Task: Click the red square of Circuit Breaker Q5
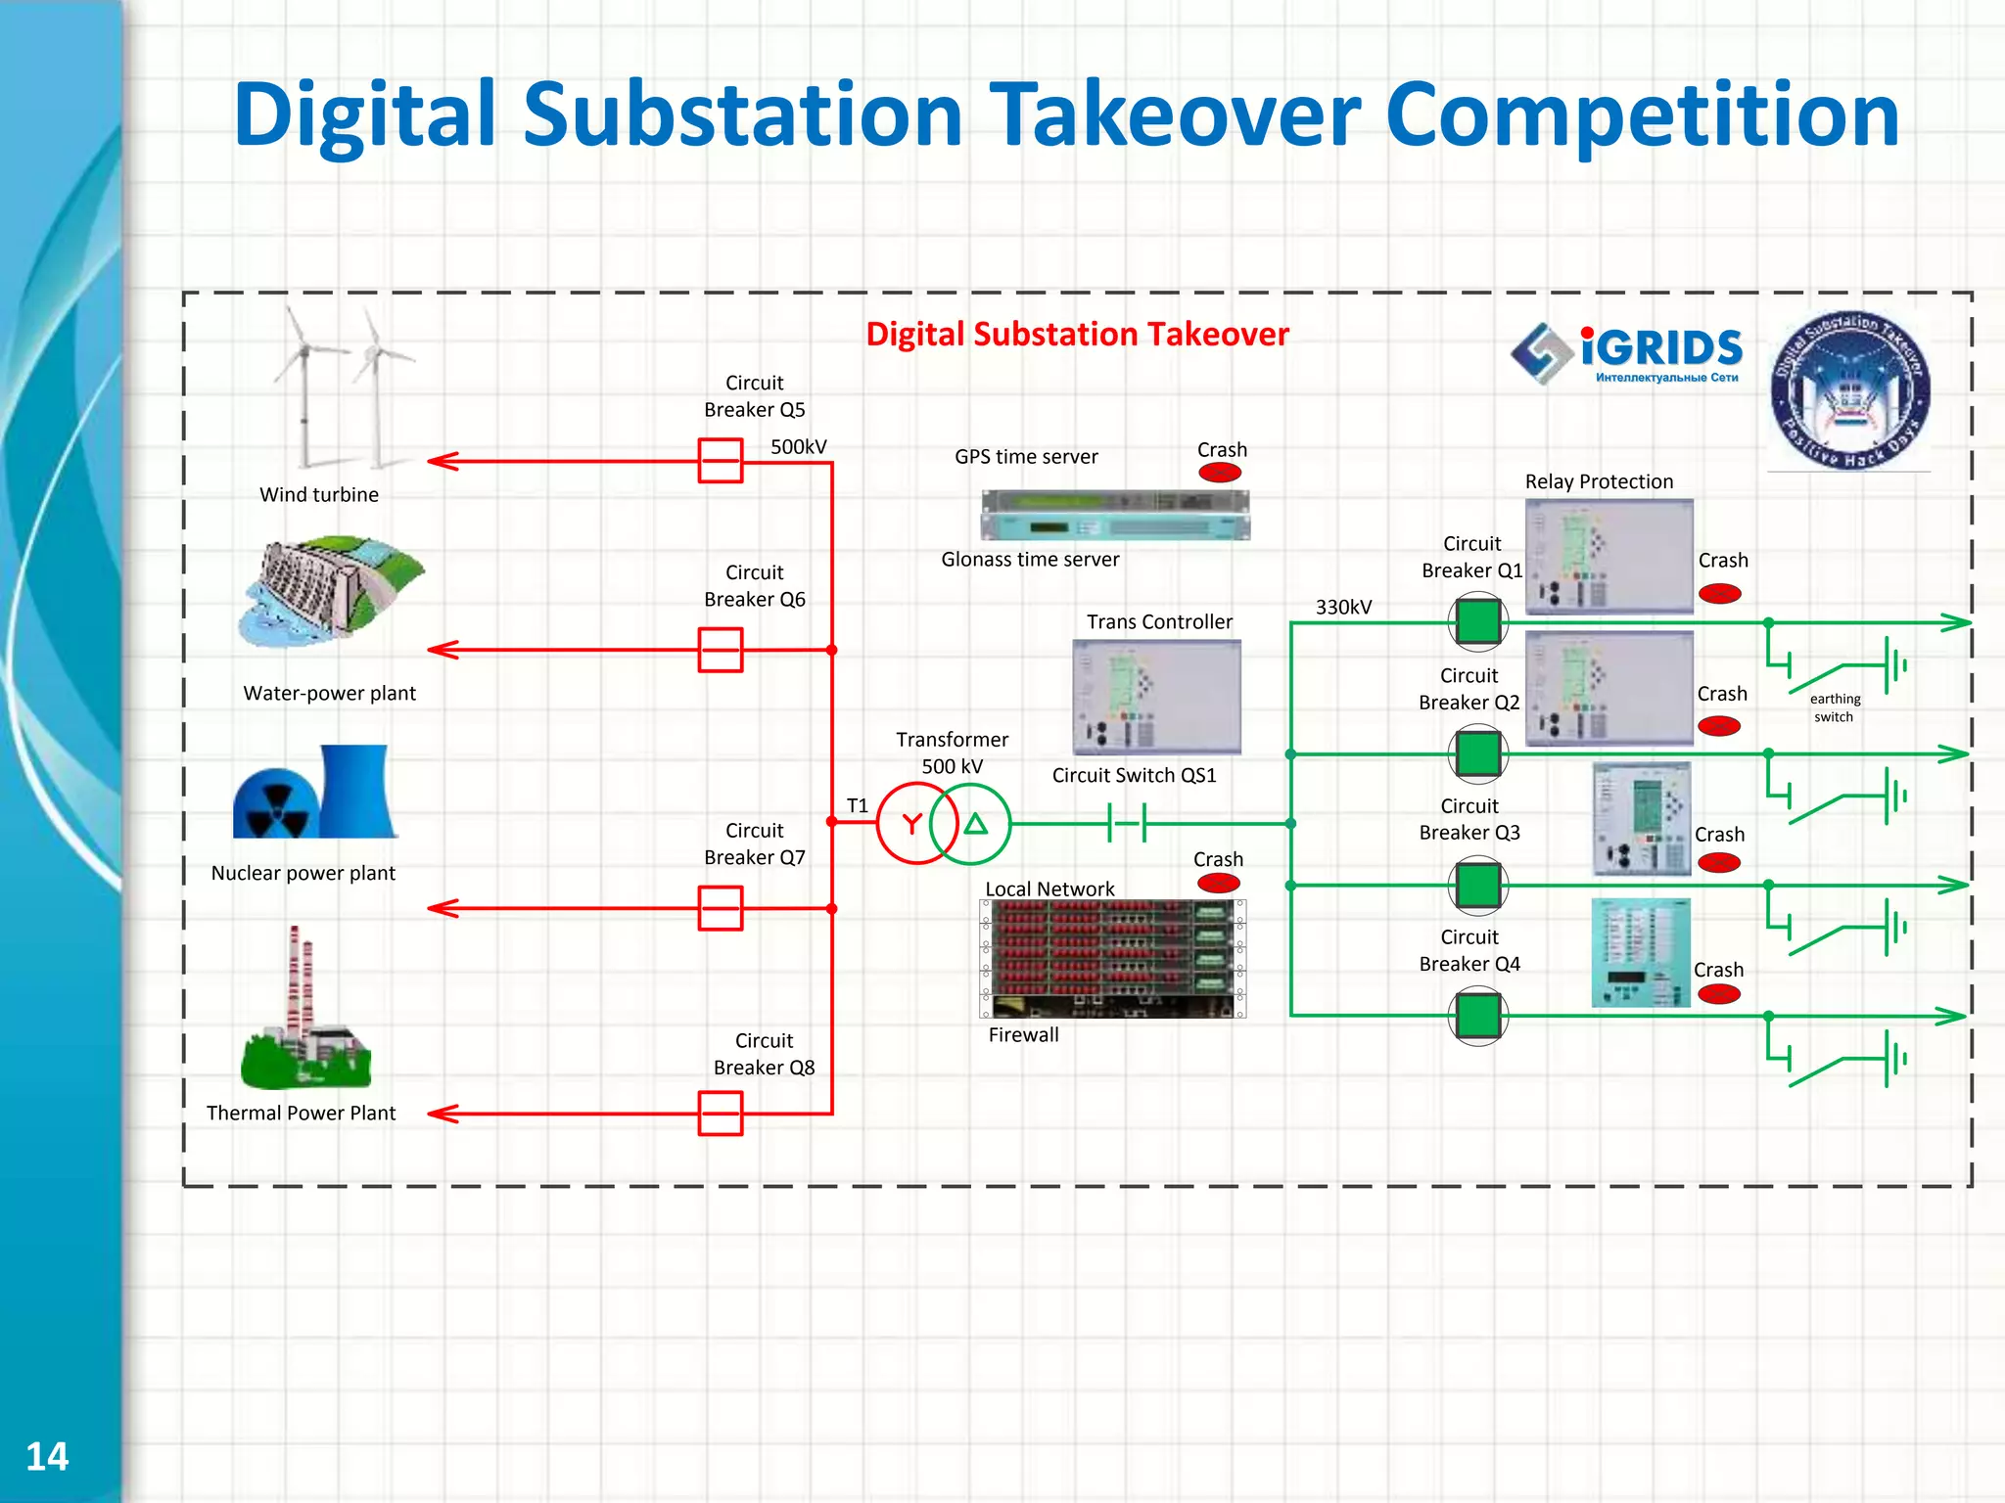720,461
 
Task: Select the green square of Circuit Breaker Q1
1477,620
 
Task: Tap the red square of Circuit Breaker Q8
720,1114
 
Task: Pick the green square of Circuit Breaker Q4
1477,1016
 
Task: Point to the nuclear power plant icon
315,793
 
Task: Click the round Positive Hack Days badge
1849,391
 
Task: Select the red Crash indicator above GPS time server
1220,474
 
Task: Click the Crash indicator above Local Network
1219,883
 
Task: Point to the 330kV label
1343,607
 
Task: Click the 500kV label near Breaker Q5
798,447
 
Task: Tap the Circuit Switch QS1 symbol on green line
1127,824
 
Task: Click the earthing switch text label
1835,707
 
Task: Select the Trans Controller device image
1156,697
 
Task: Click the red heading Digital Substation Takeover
1077,335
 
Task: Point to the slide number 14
46,1457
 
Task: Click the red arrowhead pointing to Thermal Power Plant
443,1114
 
